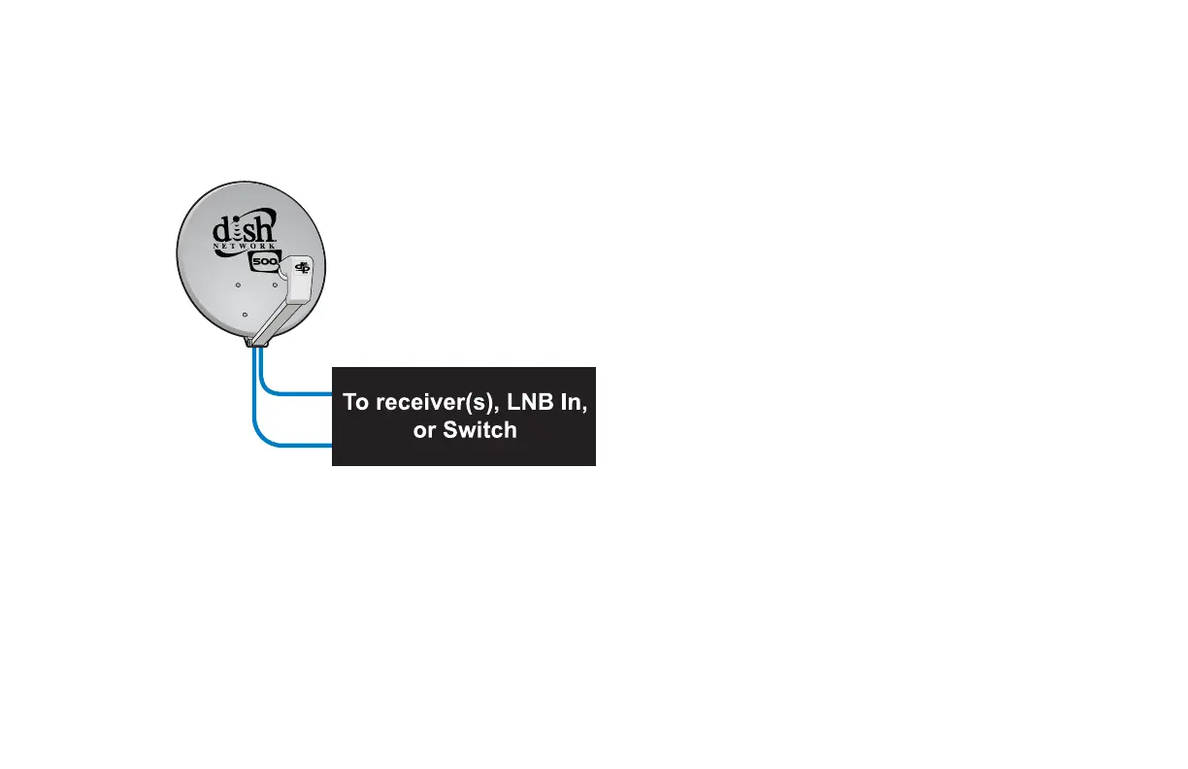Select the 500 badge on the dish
(x=263, y=264)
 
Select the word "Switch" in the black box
(x=479, y=430)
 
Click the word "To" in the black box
(x=355, y=402)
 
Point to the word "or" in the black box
(x=423, y=430)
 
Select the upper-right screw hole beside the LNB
(x=275, y=284)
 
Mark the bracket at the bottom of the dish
(x=257, y=341)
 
